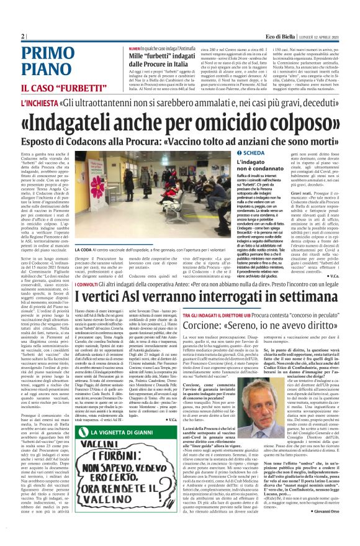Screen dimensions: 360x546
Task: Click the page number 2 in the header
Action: [x=23, y=36]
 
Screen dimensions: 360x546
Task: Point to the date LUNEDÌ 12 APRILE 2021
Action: [x=321, y=36]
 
